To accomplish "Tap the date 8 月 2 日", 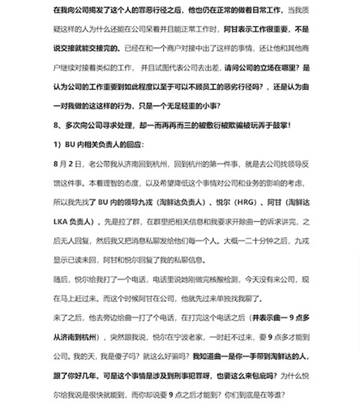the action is (x=68, y=164).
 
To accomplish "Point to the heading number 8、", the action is (x=58, y=126).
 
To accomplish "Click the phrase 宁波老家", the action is (x=180, y=337).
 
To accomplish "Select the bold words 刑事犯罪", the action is (x=198, y=376).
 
